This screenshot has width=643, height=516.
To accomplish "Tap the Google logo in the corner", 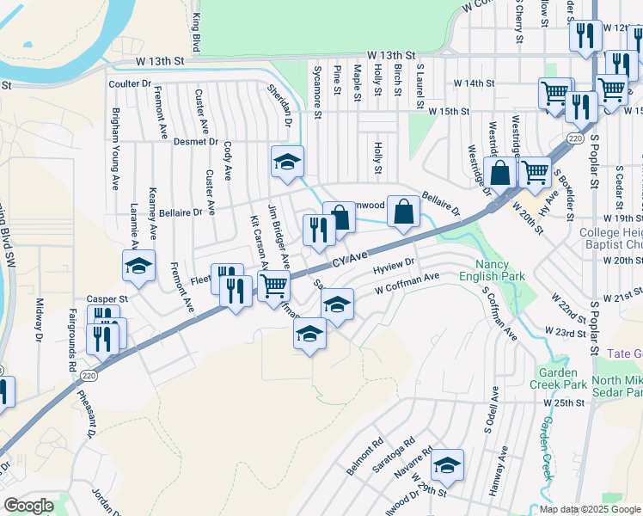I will [x=28, y=506].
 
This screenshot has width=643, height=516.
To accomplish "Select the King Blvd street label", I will [x=196, y=32].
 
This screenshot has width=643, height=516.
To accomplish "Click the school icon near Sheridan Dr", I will [x=288, y=161].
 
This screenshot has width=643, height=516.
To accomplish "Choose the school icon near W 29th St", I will [x=447, y=464].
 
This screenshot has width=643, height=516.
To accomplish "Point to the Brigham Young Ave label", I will [x=114, y=150].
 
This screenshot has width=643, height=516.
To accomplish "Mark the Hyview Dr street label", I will [x=395, y=267].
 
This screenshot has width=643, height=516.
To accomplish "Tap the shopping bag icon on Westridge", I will [x=499, y=173].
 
